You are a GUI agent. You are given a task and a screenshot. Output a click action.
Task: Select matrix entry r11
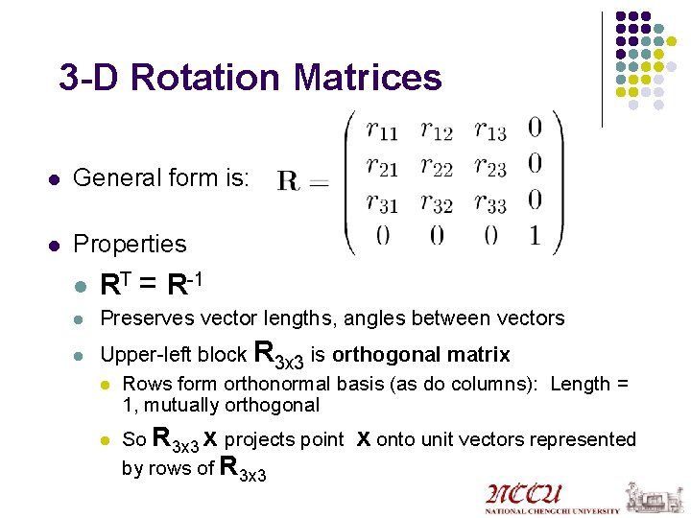[384, 129]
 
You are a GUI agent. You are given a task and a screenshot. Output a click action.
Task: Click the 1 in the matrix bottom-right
[535, 236]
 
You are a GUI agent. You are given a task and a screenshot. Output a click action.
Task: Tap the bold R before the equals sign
[287, 179]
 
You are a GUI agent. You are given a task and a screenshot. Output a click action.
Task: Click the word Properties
[130, 244]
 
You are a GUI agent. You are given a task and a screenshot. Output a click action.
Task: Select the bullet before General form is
[55, 178]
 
